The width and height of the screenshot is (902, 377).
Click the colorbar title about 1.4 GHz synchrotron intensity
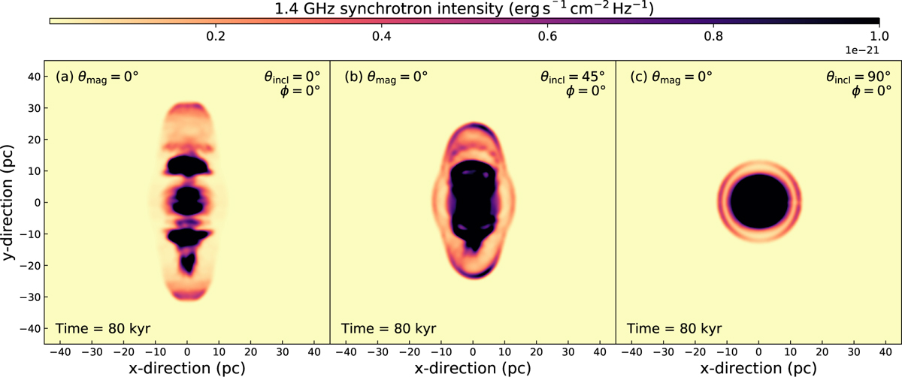click(x=466, y=10)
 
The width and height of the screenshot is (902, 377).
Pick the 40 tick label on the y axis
click(x=32, y=76)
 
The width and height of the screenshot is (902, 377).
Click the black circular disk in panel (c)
click(x=759, y=203)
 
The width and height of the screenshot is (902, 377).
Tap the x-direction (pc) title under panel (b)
click(x=473, y=367)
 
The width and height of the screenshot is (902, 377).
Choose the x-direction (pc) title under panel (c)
click(x=758, y=367)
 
